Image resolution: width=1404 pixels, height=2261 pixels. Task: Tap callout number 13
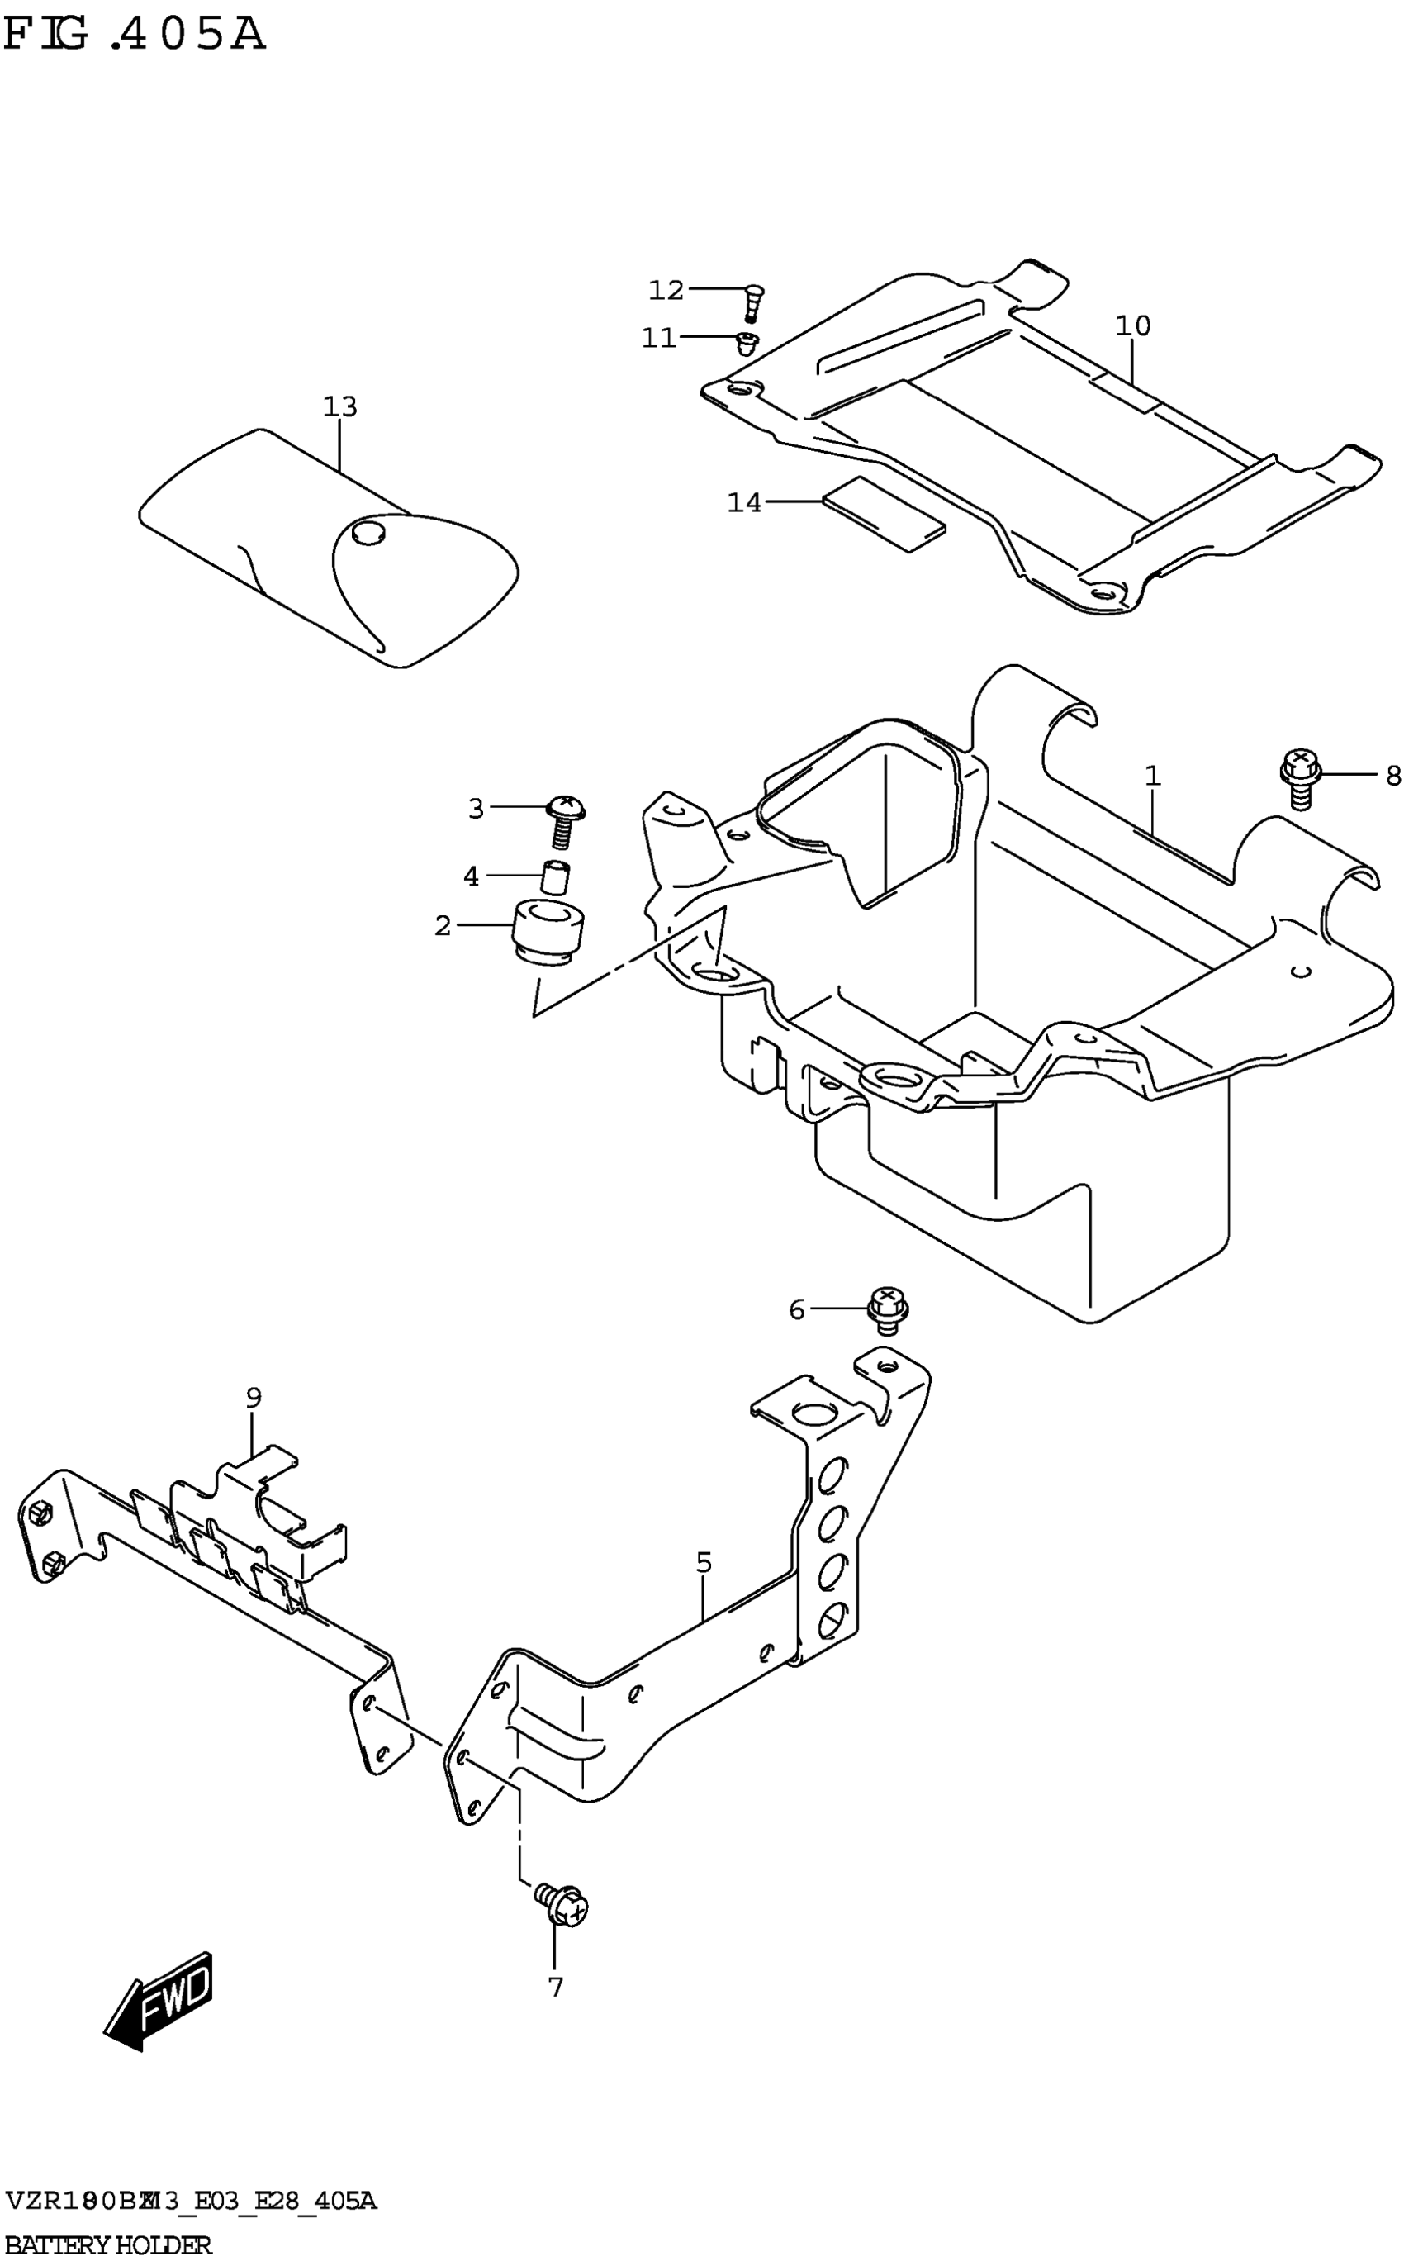pyautogui.click(x=340, y=406)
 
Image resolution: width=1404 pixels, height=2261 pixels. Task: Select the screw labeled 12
pyautogui.click(x=753, y=301)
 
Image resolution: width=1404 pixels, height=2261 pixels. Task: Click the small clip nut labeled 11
pyautogui.click(x=747, y=343)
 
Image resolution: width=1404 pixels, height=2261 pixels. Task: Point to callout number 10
pyautogui.click(x=1133, y=326)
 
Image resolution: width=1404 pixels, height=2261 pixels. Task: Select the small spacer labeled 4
pyautogui.click(x=554, y=877)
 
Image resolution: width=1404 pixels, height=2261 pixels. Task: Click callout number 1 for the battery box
pyautogui.click(x=1152, y=776)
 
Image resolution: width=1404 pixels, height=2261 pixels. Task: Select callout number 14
pyautogui.click(x=744, y=502)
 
